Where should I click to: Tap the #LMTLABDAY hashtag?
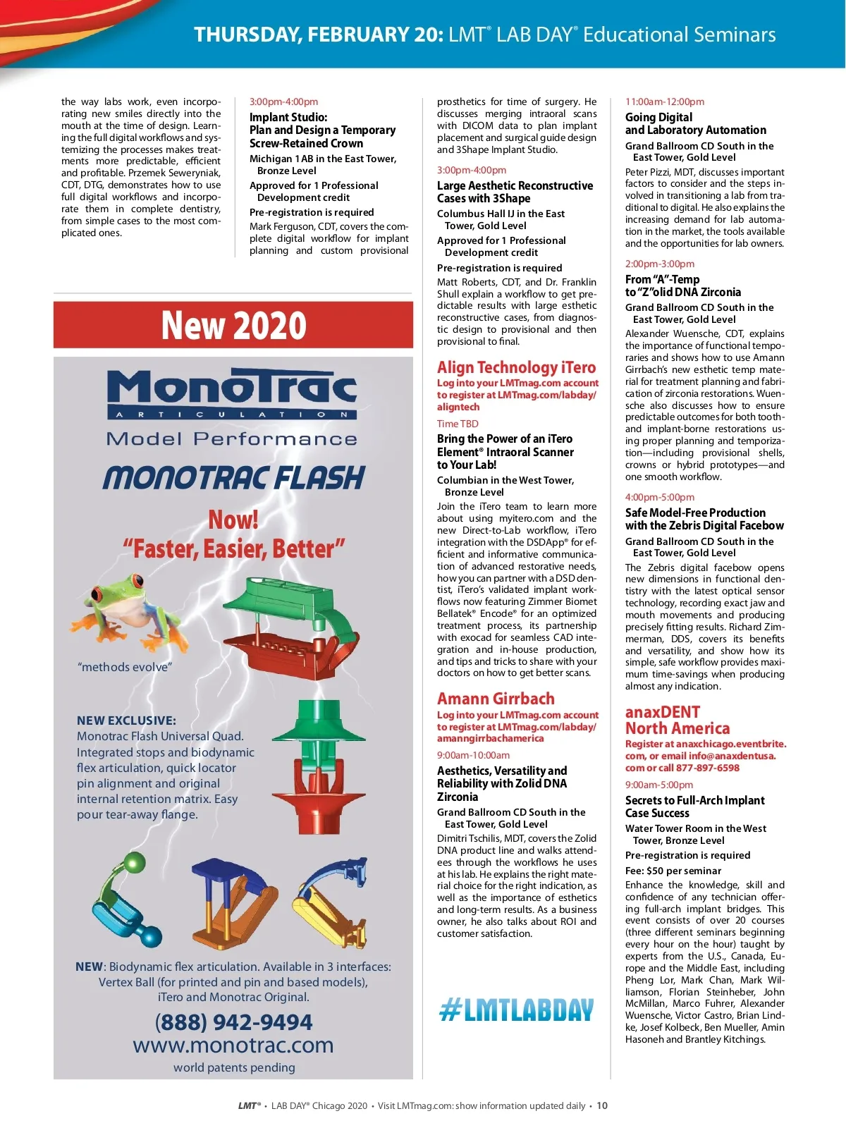coord(516,1010)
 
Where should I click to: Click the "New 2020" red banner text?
coord(233,326)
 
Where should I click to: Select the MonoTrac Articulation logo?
coord(232,395)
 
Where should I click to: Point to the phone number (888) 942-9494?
coord(233,1022)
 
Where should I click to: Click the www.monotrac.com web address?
coord(233,1045)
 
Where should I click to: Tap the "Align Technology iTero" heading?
coord(516,367)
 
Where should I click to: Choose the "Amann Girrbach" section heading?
coord(496,699)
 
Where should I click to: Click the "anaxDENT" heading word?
coord(662,712)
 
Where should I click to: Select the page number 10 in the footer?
coord(602,1105)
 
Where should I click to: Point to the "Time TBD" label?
coord(458,424)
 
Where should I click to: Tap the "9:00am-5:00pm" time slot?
coord(658,785)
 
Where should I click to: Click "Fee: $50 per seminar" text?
coord(673,871)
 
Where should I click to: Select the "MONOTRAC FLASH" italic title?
coord(233,479)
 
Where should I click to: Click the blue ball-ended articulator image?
coord(128,902)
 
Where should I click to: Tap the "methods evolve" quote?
coord(125,667)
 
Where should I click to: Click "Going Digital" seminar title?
coord(658,117)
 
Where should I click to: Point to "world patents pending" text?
coord(234,1067)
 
